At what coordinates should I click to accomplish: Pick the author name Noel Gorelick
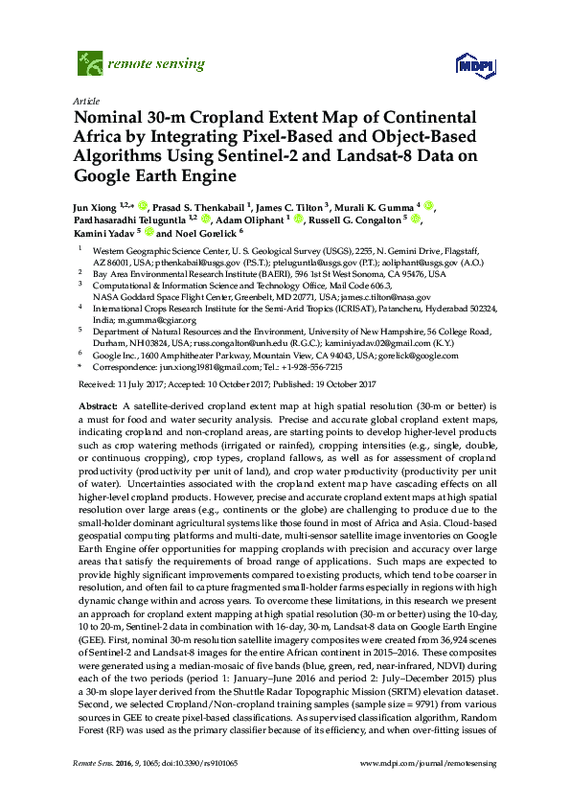point(205,232)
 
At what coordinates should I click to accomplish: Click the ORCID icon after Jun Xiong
point(142,205)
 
